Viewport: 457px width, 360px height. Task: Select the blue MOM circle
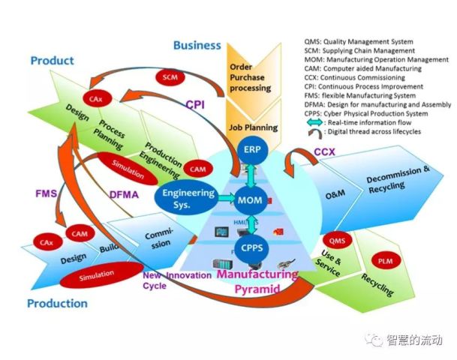pyautogui.click(x=250, y=200)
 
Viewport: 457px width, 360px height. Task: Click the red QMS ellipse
pyautogui.click(x=338, y=240)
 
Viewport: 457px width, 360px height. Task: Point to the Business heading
pyautogui.click(x=197, y=45)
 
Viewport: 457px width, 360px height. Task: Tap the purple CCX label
pyautogui.click(x=324, y=152)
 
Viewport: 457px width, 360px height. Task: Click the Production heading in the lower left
pyautogui.click(x=57, y=304)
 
